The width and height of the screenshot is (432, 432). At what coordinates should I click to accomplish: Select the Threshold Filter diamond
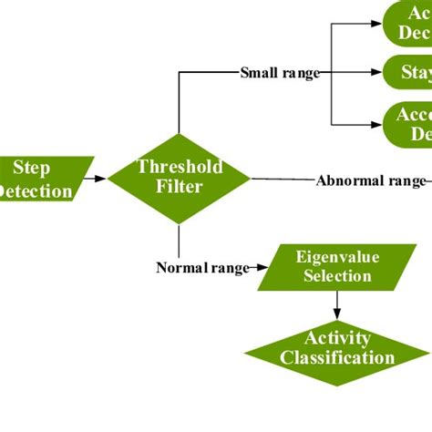click(179, 178)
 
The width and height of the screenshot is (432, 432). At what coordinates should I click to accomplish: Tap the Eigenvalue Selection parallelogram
click(331, 267)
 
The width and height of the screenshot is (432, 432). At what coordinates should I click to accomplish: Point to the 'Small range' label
click(280, 72)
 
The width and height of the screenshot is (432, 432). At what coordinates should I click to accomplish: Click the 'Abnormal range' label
click(370, 180)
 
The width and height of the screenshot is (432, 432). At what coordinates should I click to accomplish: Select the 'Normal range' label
click(202, 268)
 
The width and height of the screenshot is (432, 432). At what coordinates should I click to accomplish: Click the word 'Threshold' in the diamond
click(179, 167)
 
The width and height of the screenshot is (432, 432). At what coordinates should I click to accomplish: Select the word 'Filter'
click(179, 188)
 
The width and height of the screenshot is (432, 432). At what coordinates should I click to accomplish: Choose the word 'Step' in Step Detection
click(31, 169)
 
